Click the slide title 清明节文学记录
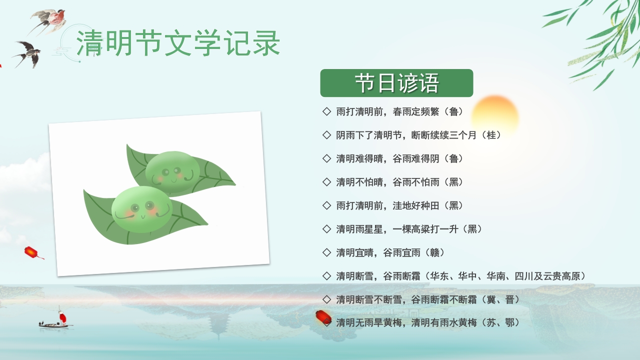click(178, 43)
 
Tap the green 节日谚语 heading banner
click(396, 83)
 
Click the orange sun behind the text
click(494, 116)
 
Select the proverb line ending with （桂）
click(418, 135)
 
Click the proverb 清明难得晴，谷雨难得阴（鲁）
click(399, 158)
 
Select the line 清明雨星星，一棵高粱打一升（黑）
click(409, 229)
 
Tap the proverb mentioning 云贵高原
click(460, 276)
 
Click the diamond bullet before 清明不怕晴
click(327, 181)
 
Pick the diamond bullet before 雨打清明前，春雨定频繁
click(327, 111)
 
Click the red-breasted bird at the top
click(50, 19)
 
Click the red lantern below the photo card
click(32, 252)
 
